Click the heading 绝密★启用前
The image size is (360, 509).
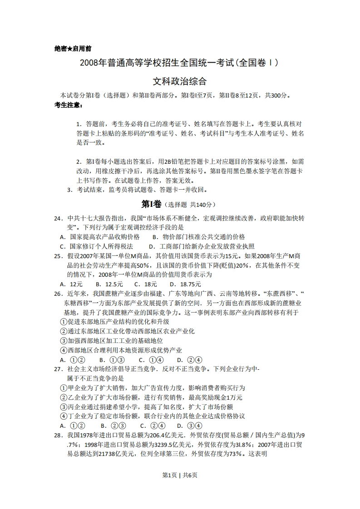(x=73, y=49)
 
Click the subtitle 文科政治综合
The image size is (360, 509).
(x=180, y=82)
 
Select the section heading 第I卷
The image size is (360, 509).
(x=151, y=204)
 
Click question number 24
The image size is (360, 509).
(x=58, y=218)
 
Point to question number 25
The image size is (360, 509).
(x=58, y=256)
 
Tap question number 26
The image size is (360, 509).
(x=58, y=294)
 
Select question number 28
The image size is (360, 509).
(x=58, y=435)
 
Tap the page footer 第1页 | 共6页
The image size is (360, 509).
(x=180, y=475)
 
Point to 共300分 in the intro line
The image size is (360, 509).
(x=277, y=96)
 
